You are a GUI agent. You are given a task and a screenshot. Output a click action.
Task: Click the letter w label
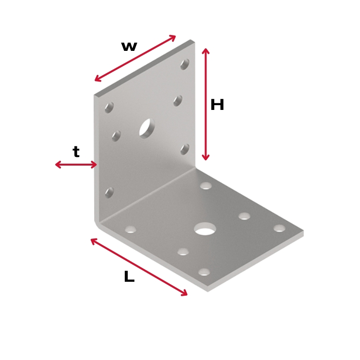coord(129,47)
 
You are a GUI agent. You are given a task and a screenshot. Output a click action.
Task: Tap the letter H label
coord(217,105)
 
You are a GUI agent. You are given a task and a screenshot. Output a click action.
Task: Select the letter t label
coord(76,152)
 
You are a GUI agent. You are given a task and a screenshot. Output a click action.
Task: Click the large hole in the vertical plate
coord(147,129)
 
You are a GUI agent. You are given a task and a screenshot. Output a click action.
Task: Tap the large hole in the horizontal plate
coord(205,228)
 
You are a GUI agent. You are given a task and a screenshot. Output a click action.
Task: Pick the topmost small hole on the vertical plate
coord(185,64)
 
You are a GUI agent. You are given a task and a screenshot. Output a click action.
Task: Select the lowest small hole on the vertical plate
coord(109,192)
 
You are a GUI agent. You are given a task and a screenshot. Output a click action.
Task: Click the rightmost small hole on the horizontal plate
coord(279,228)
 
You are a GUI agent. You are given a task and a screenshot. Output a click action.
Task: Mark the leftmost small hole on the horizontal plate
coord(131,229)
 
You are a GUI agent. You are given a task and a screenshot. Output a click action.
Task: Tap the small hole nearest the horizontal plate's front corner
coord(204,272)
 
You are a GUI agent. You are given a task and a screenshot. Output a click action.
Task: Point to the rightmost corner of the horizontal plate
coord(303,230)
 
